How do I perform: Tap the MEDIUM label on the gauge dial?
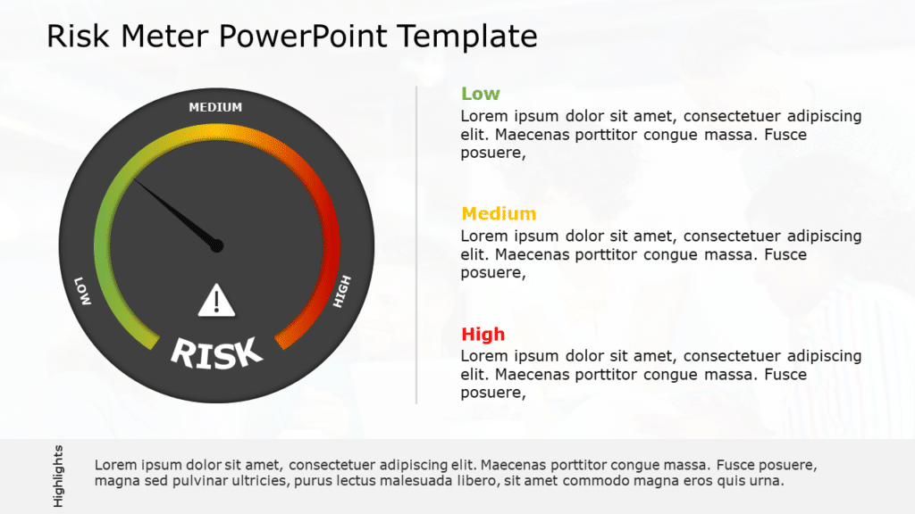click(x=215, y=108)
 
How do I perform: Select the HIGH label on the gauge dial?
click(x=342, y=291)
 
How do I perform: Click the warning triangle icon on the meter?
click(x=215, y=301)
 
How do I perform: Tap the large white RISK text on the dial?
click(x=216, y=352)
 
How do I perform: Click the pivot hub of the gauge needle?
click(x=217, y=245)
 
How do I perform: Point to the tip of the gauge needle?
click(x=136, y=180)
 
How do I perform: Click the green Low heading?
click(x=480, y=94)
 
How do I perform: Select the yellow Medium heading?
click(x=499, y=214)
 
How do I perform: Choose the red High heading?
click(x=483, y=335)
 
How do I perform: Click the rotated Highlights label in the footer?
click(x=58, y=476)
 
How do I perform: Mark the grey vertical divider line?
click(x=416, y=245)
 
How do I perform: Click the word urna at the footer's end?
click(x=768, y=481)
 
